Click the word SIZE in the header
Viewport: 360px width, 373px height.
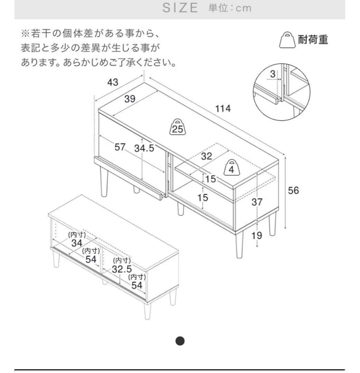[180, 8]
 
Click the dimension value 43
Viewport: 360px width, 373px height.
[113, 82]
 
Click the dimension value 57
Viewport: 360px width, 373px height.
[120, 147]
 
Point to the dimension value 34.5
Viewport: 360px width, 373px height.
[144, 149]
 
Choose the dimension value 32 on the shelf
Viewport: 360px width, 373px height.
[206, 156]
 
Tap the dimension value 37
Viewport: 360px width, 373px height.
[257, 202]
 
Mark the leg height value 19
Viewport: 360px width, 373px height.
[257, 236]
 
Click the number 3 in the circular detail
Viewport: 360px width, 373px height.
[273, 74]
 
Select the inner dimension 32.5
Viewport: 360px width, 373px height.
[122, 269]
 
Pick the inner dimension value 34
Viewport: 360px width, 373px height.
[77, 243]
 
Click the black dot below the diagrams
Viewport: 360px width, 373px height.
[180, 341]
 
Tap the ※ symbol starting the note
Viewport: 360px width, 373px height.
[26, 34]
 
